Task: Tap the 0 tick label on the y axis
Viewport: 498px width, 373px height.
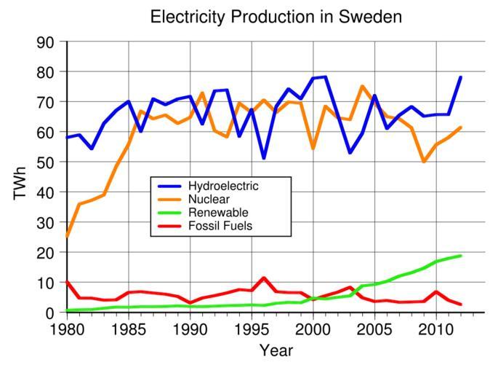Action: tap(50, 313)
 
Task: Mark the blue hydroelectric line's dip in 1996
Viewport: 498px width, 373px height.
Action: tap(264, 158)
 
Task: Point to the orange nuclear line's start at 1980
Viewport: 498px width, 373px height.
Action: tap(68, 236)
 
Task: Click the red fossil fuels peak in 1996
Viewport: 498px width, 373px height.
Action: tap(264, 278)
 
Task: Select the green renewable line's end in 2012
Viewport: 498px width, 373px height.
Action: tap(461, 256)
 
